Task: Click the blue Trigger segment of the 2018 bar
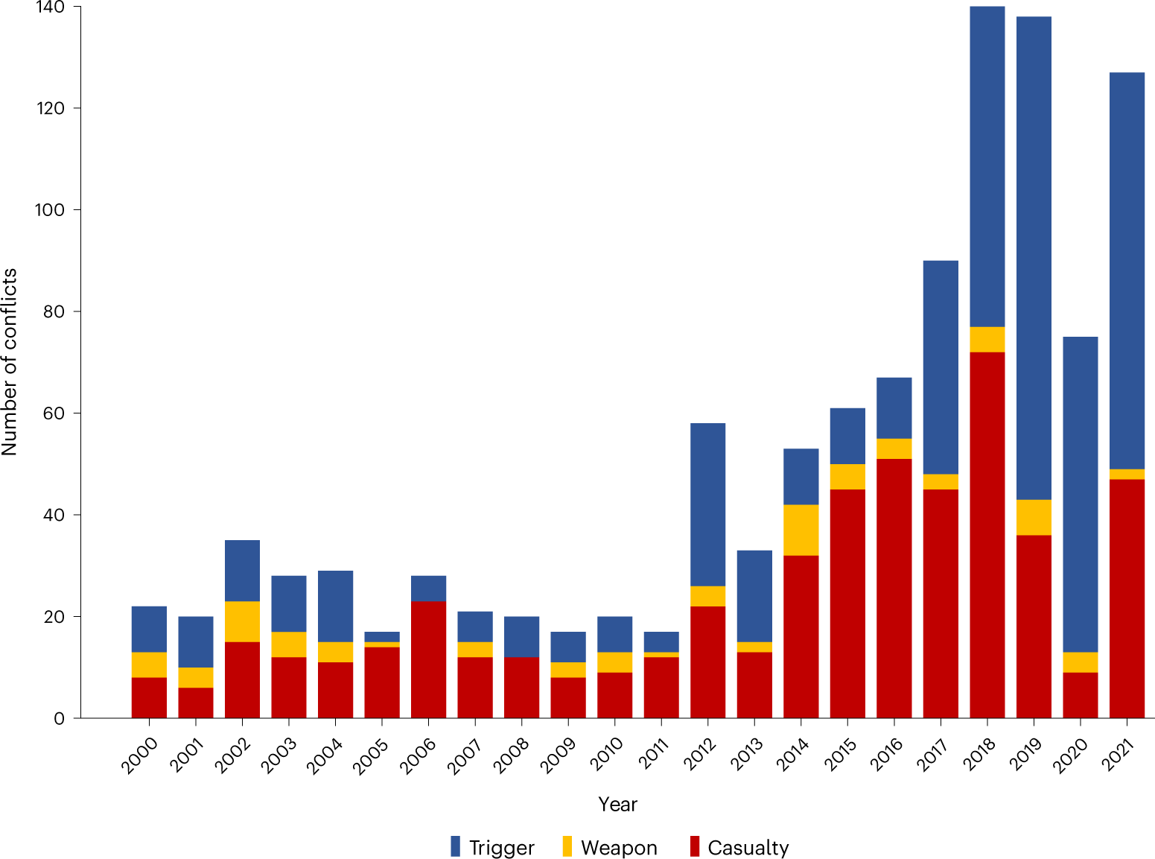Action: [x=987, y=166]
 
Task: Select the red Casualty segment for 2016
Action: [x=894, y=589]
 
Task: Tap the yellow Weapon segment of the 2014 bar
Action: [x=801, y=530]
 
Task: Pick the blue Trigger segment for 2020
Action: [x=1080, y=494]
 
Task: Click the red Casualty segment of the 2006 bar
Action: [x=428, y=659]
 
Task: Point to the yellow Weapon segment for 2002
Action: [x=242, y=621]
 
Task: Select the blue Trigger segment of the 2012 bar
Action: [x=707, y=504]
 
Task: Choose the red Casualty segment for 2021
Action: [x=1127, y=598]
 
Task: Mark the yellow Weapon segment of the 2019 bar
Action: [x=1034, y=517]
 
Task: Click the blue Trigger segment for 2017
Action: [x=941, y=367]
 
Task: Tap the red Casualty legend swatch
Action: [x=695, y=847]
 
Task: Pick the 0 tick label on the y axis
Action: [x=59, y=719]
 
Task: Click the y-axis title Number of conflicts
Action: [x=10, y=361]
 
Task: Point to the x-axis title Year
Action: [x=617, y=805]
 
